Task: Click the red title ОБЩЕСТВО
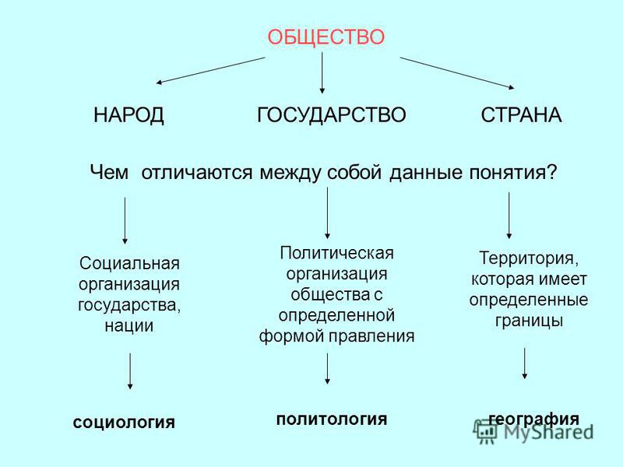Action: click(326, 37)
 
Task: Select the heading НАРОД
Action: click(128, 115)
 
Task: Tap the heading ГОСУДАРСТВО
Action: click(332, 114)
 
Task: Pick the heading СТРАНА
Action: click(521, 115)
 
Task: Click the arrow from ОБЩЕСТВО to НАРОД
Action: click(210, 70)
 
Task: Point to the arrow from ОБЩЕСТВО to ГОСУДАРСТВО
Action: click(322, 73)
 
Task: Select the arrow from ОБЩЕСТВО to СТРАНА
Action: click(457, 73)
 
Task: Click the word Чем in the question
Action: click(109, 173)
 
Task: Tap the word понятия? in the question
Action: click(513, 173)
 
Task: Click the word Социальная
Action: click(129, 263)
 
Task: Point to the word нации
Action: click(129, 325)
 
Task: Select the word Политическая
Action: click(336, 254)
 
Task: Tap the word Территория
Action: click(529, 258)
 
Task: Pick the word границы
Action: click(529, 321)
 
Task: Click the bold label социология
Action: click(124, 423)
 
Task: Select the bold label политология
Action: click(332, 420)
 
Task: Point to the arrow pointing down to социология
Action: click(130, 371)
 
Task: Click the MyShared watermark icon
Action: click(484, 431)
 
